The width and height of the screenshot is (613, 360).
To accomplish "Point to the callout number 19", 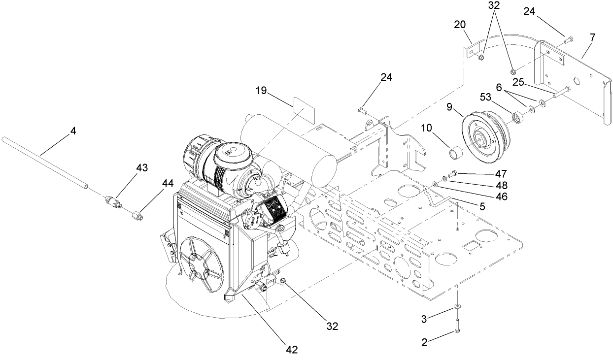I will (x=261, y=91).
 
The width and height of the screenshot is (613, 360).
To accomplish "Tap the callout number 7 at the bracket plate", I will (x=592, y=37).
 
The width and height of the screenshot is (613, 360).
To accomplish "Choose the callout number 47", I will (x=487, y=174).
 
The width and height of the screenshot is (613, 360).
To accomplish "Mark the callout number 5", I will (x=481, y=207).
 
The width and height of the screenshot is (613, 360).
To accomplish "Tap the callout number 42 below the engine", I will (x=292, y=350).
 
